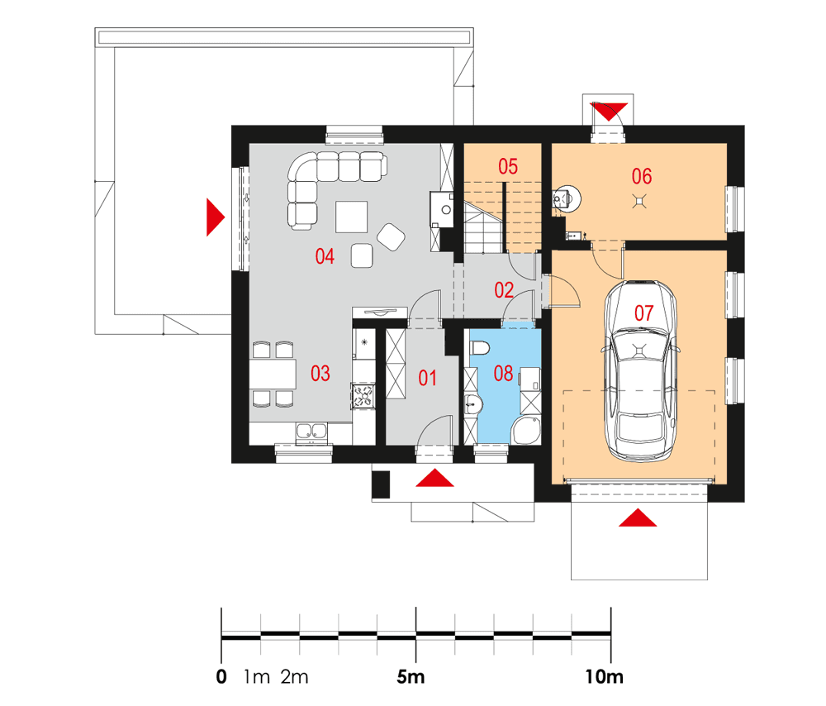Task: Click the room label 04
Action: click(325, 257)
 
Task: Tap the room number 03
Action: click(320, 373)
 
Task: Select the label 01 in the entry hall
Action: click(427, 379)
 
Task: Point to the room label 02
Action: click(504, 290)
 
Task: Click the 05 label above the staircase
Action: click(507, 166)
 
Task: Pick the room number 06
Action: click(641, 175)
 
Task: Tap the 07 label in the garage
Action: click(643, 312)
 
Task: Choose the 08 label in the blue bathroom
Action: click(503, 373)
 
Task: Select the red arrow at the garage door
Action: click(638, 518)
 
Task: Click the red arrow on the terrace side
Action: click(214, 217)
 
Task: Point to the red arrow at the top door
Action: click(610, 110)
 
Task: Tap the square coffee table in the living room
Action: click(352, 217)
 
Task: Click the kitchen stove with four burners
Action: click(363, 395)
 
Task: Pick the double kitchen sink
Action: click(311, 430)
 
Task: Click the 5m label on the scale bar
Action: click(411, 678)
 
